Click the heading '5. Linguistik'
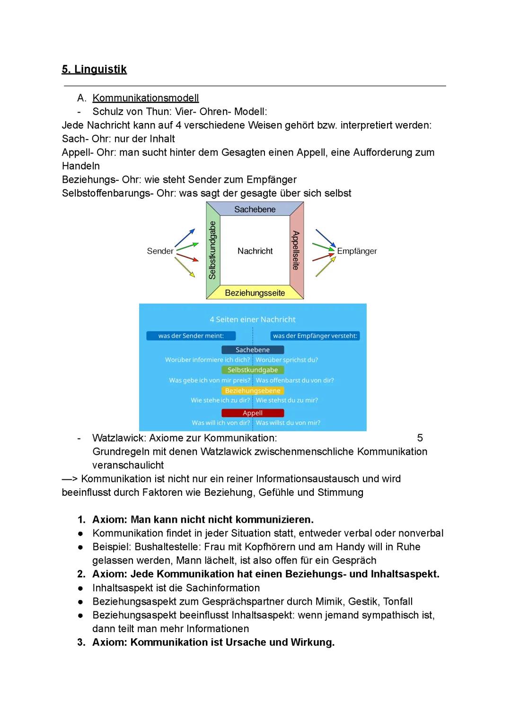tap(94, 70)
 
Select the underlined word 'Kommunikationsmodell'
tap(145, 98)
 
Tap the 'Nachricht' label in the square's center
tap(255, 251)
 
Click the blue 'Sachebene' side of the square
tap(255, 209)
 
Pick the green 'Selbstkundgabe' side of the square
tap(212, 250)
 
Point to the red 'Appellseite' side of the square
tap(296, 250)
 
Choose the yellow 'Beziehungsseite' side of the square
tap(255, 293)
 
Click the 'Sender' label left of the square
tap(160, 251)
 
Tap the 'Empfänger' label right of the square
tap(357, 251)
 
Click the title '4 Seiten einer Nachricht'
tap(253, 319)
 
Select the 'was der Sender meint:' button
tap(191, 336)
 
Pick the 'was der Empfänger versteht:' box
tap(315, 336)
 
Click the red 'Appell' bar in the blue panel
tap(253, 413)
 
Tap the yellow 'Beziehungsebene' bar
tap(253, 391)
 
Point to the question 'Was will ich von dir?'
tap(220, 423)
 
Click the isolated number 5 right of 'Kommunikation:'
tap(420, 438)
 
